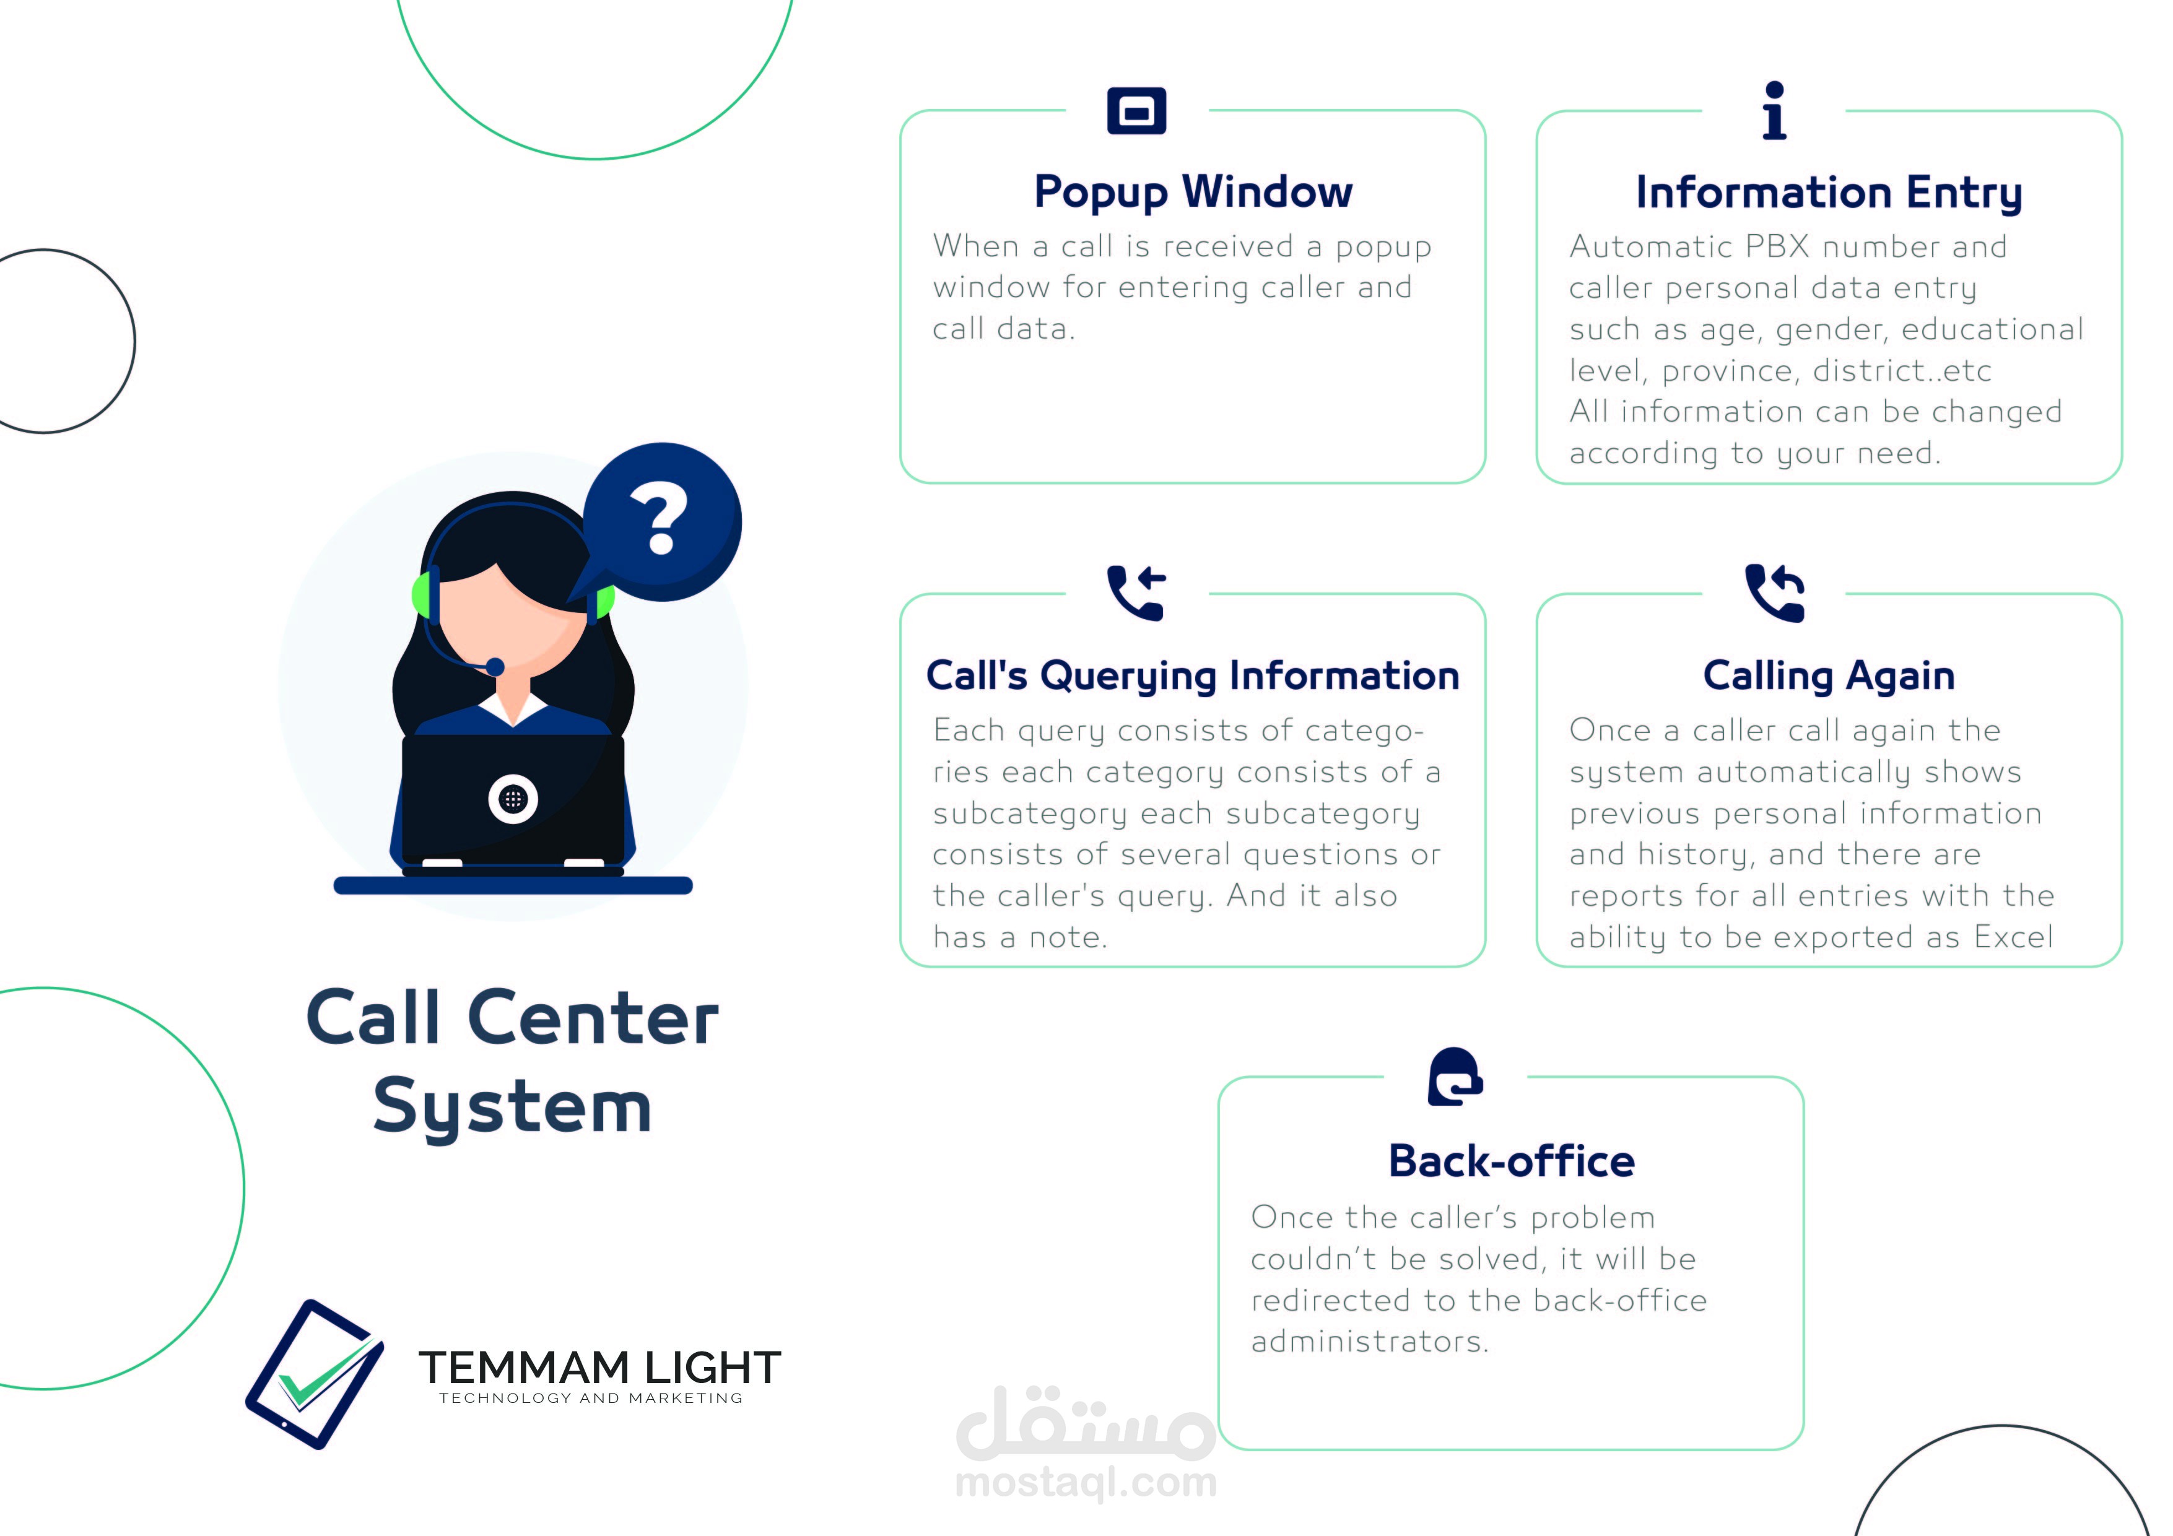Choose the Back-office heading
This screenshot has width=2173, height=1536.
[1512, 1161]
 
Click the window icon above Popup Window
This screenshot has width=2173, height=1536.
[1137, 111]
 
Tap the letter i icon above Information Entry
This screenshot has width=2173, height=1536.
[1775, 111]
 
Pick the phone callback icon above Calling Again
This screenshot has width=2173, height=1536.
[1775, 592]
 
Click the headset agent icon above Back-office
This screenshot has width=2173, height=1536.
[1455, 1076]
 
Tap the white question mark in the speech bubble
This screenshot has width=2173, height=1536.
[660, 518]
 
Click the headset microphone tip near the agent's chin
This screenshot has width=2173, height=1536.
[494, 666]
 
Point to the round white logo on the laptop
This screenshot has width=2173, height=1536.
[513, 800]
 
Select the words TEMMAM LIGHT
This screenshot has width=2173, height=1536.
[600, 1368]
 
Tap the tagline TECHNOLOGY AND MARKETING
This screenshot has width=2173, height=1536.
[591, 1399]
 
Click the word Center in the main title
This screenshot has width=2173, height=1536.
[593, 1018]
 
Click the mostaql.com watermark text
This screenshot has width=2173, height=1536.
[1086, 1483]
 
